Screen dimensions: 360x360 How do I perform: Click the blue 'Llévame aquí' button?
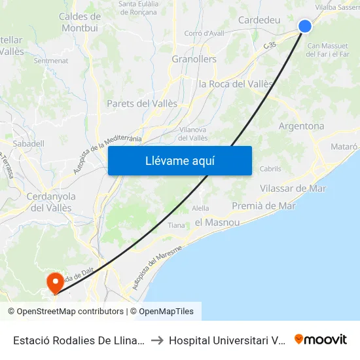coord(179,160)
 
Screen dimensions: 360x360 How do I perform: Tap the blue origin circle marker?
coord(305,26)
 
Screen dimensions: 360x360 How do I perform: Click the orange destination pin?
coord(56,283)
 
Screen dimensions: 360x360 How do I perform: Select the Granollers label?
coord(194,59)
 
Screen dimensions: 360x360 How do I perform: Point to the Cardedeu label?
coord(259,20)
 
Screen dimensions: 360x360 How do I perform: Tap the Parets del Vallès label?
coord(141,103)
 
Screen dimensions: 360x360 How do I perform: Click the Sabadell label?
coord(29,143)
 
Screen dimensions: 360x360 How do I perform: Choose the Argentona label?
coord(301,126)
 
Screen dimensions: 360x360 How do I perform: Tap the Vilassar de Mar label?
coord(293,189)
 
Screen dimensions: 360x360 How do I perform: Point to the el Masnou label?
coord(217,223)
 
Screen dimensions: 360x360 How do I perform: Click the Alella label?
coord(200,208)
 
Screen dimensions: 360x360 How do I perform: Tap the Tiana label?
coord(177,225)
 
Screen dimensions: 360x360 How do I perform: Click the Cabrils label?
coord(270,169)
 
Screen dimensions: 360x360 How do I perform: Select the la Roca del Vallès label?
coord(236,84)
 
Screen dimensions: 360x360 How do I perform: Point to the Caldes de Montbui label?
coord(79,22)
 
